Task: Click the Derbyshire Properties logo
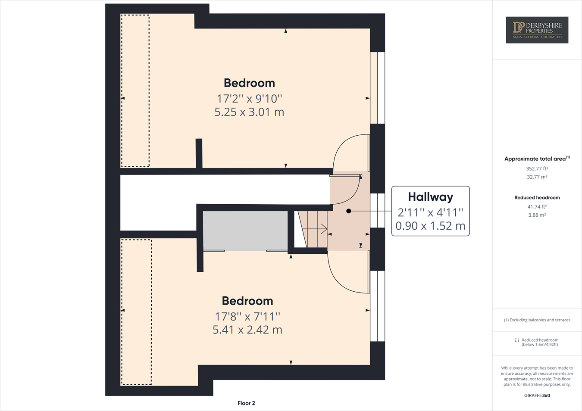coord(537,30)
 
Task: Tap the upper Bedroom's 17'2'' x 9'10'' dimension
coord(249,99)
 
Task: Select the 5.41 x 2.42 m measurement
coord(247,330)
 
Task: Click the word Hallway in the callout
coord(430,197)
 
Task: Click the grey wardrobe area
coord(245,230)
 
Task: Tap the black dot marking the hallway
coord(349,211)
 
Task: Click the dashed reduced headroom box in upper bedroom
coord(135,91)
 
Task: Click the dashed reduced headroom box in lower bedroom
coord(136,312)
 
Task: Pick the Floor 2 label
coord(246,403)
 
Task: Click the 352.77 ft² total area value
coord(537,169)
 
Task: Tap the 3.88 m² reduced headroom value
coord(537,215)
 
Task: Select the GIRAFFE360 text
coord(537,395)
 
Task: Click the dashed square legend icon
coord(516,340)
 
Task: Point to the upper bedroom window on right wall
coord(378,88)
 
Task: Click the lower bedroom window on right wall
coord(378,306)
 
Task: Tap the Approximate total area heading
coord(537,159)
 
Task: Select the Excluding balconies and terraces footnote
coord(537,320)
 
